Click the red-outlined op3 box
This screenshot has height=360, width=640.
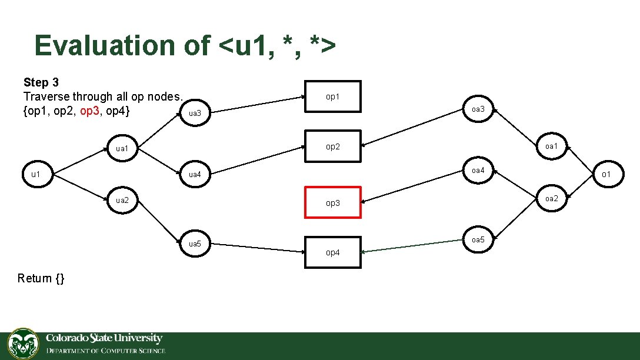point(332,202)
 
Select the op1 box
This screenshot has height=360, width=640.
point(332,96)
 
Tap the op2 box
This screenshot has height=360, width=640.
point(332,146)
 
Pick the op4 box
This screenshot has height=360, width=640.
point(332,252)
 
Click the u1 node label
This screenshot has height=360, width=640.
point(36,174)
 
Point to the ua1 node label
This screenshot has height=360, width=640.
point(122,148)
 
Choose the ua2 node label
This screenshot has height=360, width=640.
point(122,200)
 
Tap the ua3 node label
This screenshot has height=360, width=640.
point(195,113)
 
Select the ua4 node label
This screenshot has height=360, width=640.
point(195,175)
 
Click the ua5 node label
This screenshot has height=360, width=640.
point(195,244)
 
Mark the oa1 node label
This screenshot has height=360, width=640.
point(551,146)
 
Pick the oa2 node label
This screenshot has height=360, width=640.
point(551,198)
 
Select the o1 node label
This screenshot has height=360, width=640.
point(605,174)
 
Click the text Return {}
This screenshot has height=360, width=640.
point(41,278)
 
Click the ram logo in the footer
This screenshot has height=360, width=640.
point(23,344)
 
